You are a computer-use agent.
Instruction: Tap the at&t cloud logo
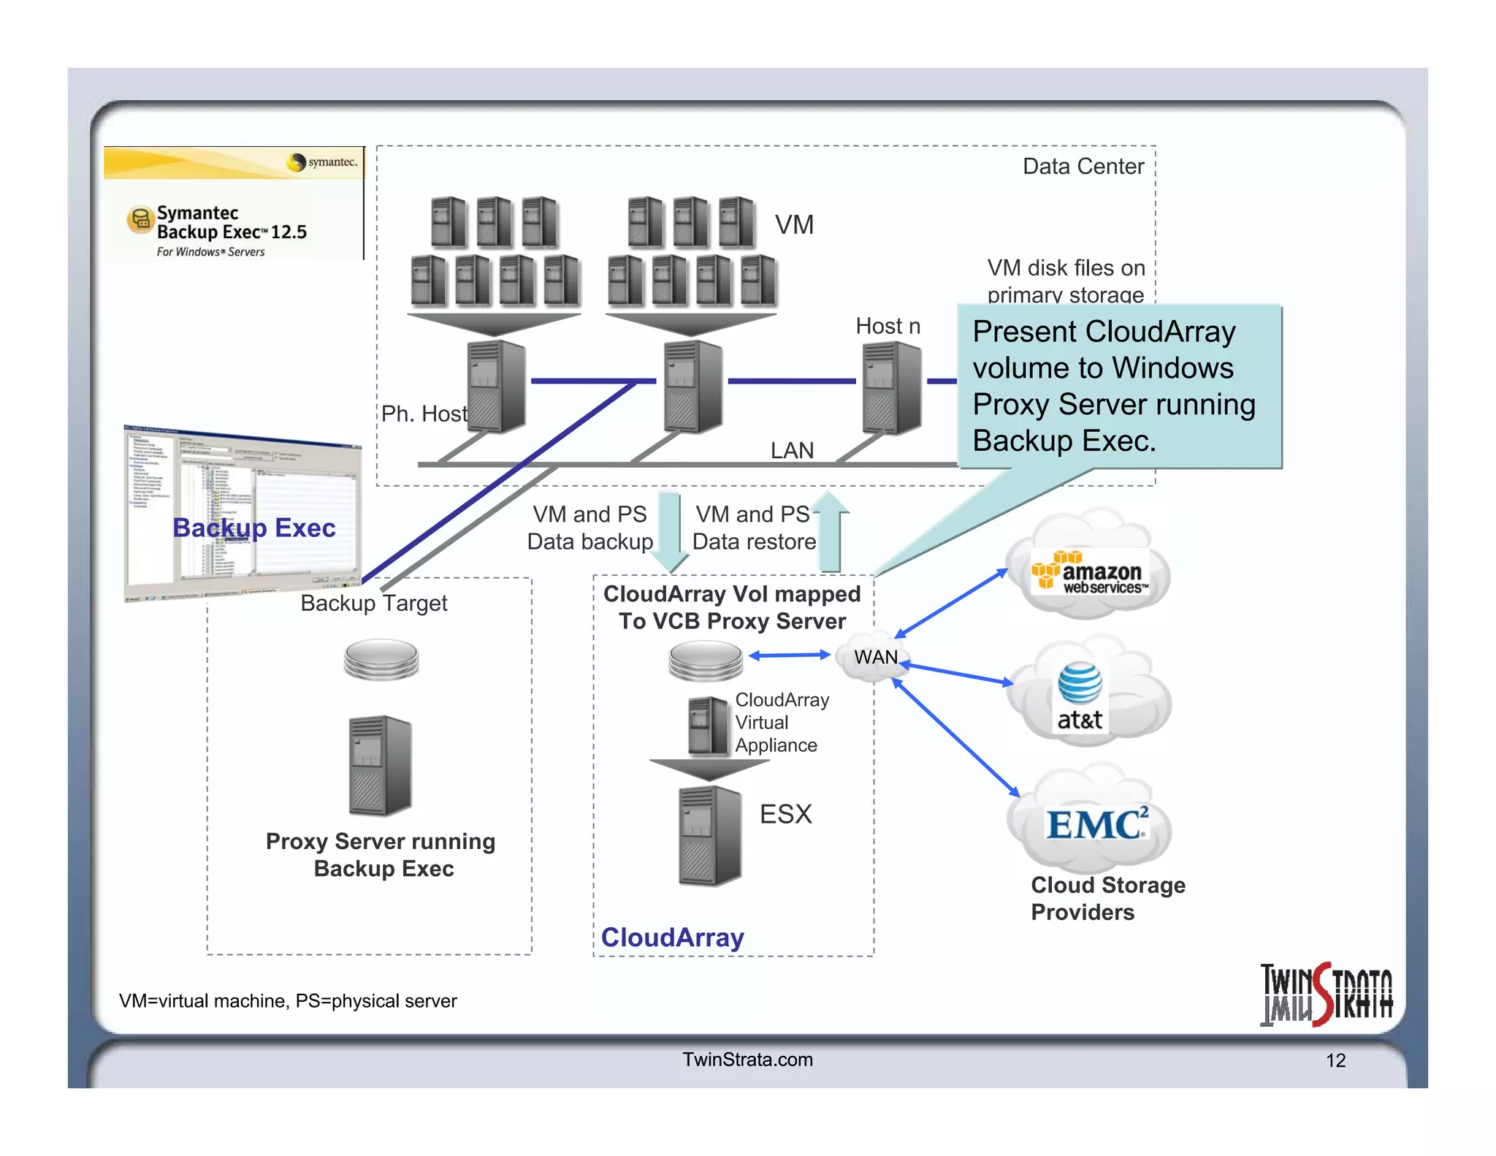[1080, 696]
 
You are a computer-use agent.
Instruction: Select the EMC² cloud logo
[1096, 825]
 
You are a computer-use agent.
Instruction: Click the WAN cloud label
[875, 657]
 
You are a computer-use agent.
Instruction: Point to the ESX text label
[785, 814]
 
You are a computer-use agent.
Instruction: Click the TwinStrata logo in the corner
[1326, 995]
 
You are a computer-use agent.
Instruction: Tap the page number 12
[1335, 1060]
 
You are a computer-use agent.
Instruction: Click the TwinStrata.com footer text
[747, 1060]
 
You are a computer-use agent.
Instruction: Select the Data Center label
[1083, 167]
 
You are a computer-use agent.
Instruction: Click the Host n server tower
[891, 388]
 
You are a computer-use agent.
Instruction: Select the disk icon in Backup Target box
[381, 658]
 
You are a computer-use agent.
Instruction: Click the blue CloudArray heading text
[672, 937]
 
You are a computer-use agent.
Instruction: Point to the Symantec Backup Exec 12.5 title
[232, 222]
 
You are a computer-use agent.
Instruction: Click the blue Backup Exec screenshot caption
[253, 528]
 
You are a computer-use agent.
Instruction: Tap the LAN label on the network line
[792, 450]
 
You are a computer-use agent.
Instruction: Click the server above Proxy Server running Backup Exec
[381, 765]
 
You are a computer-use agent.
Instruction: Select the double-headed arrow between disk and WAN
[789, 655]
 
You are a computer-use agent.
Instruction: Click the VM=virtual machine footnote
[288, 1000]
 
